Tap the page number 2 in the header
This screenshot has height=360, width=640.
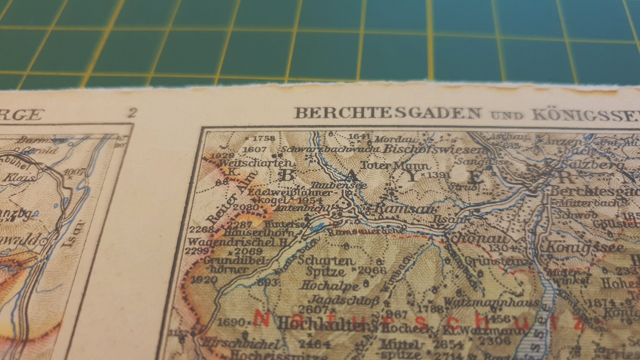click(132, 114)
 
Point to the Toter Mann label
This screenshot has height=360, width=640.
click(396, 166)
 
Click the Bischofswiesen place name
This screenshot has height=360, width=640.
click(434, 149)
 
